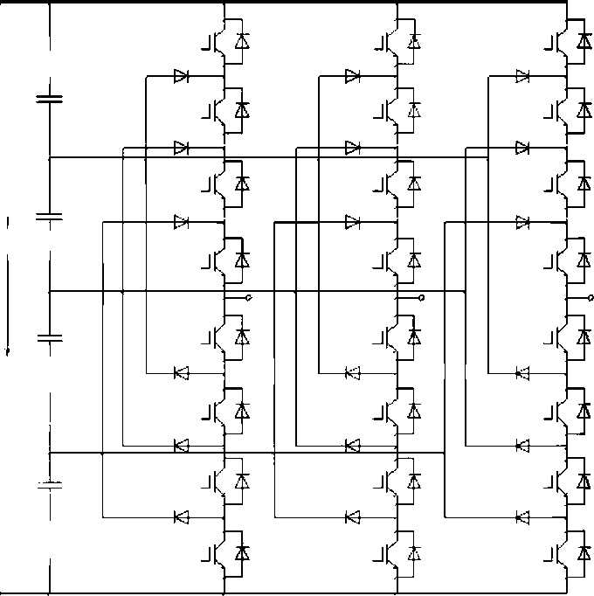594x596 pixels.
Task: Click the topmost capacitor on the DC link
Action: pyautogui.click(x=49, y=98)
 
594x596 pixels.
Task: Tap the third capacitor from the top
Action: pyautogui.click(x=49, y=337)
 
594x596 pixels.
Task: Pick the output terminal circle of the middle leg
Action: pyautogui.click(x=421, y=298)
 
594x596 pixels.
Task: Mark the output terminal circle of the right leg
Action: pyautogui.click(x=591, y=298)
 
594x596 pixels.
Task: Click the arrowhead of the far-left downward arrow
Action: pyautogui.click(x=9, y=352)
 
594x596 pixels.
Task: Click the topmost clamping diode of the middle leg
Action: pyautogui.click(x=353, y=77)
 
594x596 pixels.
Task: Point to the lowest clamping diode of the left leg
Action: pyautogui.click(x=182, y=516)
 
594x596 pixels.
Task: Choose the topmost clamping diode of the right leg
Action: pyautogui.click(x=522, y=77)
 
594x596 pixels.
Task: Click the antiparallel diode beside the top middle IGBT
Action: pyautogui.click(x=414, y=41)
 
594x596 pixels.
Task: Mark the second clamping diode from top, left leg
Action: pyautogui.click(x=182, y=148)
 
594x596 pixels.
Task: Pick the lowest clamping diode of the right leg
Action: pyautogui.click(x=522, y=516)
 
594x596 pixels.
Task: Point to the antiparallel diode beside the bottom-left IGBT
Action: pyautogui.click(x=243, y=552)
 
